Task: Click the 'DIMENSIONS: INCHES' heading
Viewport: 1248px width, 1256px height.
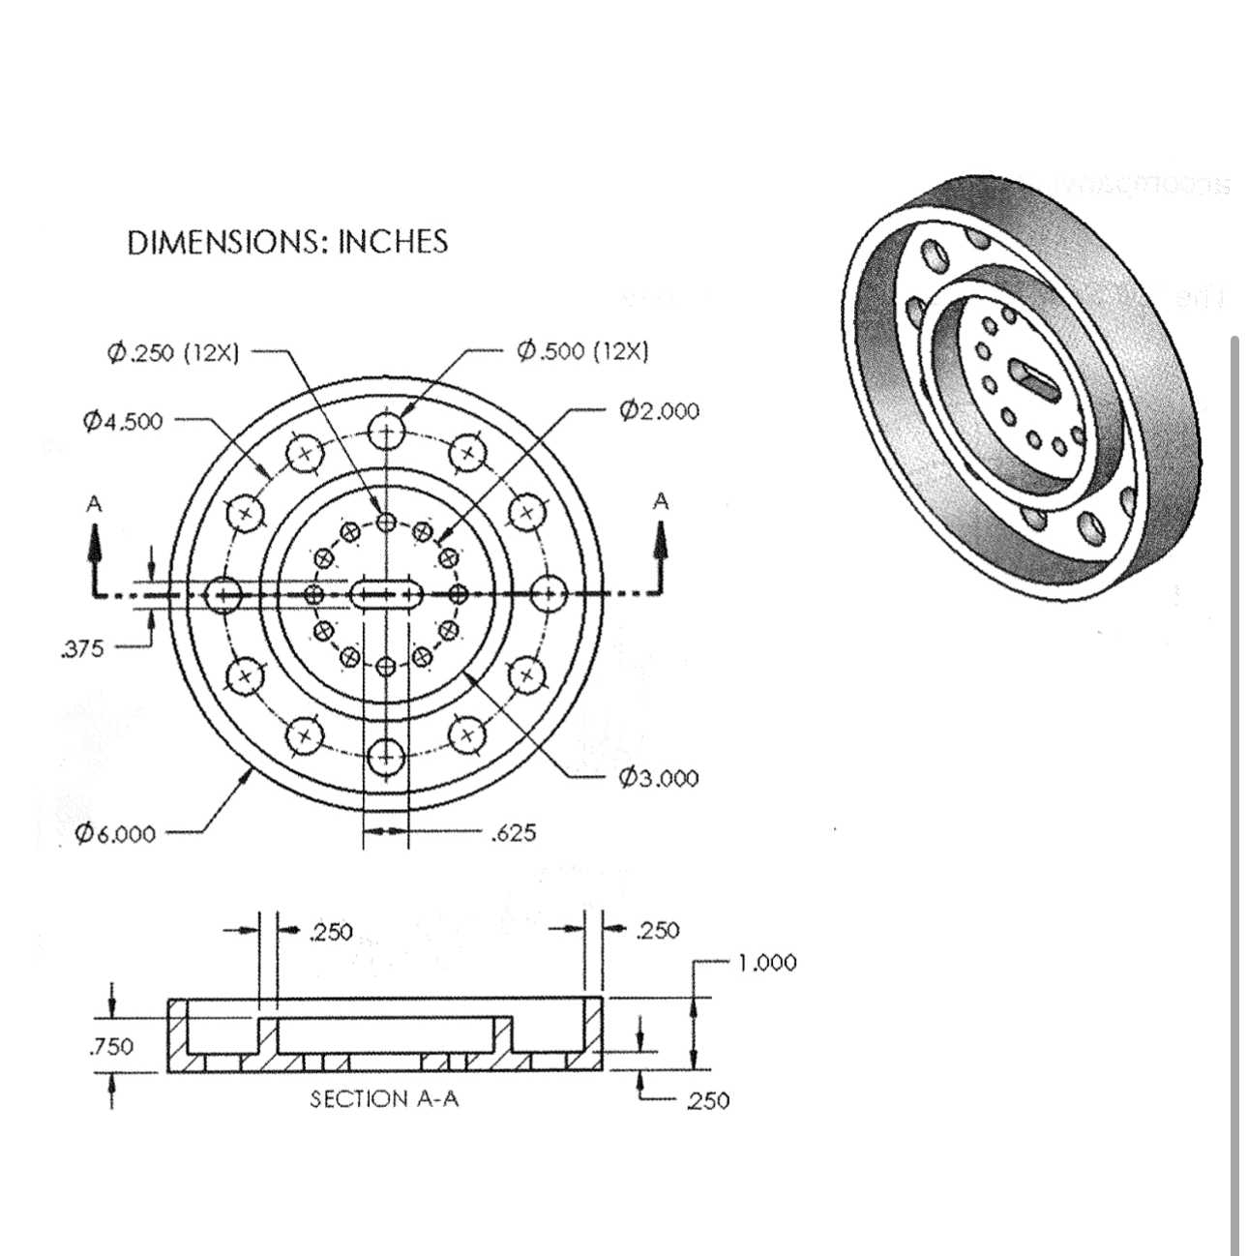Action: coord(287,242)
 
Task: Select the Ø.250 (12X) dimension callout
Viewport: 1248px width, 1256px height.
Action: coord(174,351)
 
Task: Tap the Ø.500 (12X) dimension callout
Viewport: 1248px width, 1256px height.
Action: coord(582,350)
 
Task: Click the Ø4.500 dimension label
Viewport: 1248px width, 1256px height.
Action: coord(123,421)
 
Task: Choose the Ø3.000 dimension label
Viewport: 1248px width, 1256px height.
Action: coord(658,778)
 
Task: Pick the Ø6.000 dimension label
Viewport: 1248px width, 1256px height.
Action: coord(115,833)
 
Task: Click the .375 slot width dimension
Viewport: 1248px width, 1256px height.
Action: coord(81,649)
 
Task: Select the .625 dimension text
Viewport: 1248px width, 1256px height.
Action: coord(513,832)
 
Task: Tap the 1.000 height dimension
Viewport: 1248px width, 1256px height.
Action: coord(767,963)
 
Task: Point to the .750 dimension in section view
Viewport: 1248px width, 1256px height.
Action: coord(110,1046)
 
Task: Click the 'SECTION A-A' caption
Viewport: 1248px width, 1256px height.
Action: coord(384,1099)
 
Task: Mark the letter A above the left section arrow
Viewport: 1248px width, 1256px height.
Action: coord(94,503)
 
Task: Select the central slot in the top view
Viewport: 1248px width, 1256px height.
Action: coord(386,593)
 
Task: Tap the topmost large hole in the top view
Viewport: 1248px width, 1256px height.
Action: coord(386,432)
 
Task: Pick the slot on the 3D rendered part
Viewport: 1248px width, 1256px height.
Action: coord(1035,377)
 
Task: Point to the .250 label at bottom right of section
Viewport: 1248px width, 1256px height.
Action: coord(707,1100)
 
